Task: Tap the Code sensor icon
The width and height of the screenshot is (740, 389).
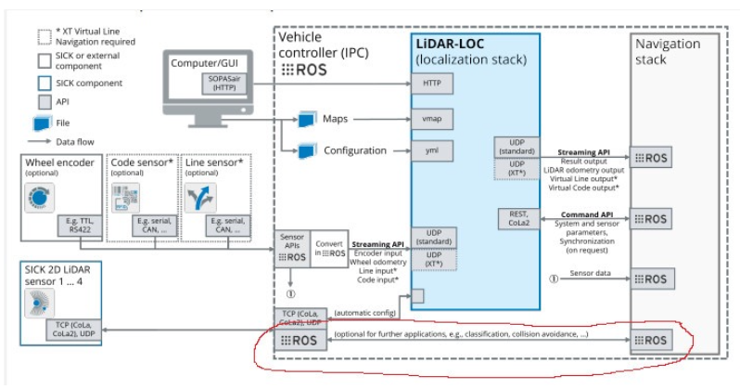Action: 129,196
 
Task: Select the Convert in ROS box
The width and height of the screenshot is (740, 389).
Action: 329,249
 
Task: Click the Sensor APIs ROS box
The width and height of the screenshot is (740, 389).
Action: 291,248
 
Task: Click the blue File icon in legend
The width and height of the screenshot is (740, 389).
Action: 42,122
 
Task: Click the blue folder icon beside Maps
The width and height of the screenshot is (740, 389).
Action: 307,120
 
